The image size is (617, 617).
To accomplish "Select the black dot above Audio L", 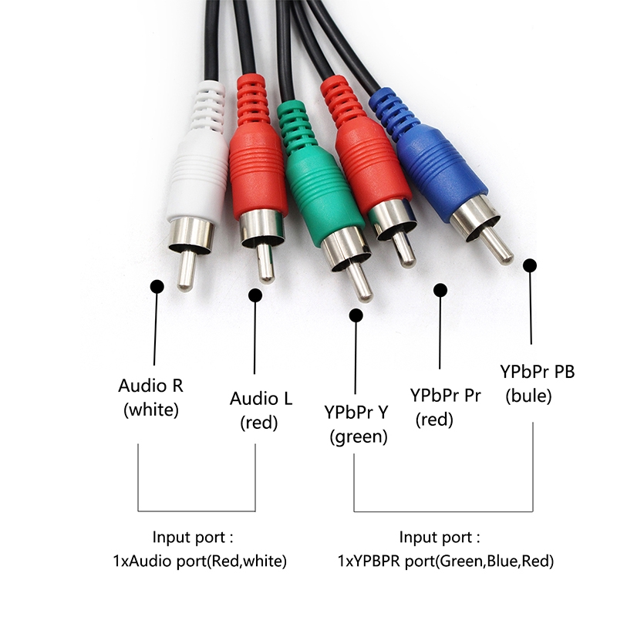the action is point(255,295).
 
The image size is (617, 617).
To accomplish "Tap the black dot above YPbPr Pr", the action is point(440,290).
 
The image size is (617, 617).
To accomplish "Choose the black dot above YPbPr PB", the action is point(530,265).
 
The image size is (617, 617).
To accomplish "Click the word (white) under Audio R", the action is point(151,410).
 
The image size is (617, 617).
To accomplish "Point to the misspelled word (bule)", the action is point(528,396).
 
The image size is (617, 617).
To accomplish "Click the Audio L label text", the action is point(261,399).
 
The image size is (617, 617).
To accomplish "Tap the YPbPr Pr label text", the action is point(446,396).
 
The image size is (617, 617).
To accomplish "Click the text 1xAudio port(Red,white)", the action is point(200,561).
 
